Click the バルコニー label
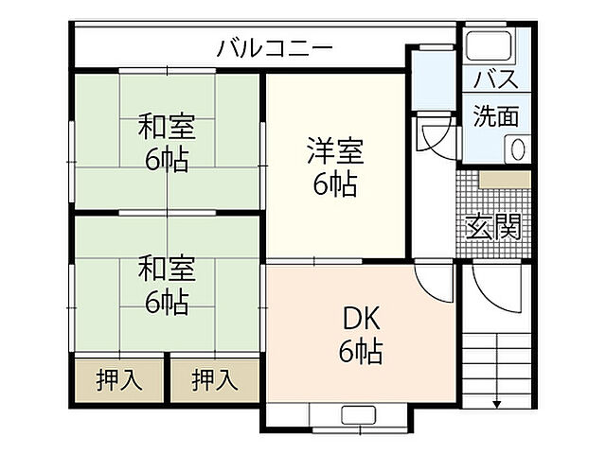pyautogui.click(x=274, y=46)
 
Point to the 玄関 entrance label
pyautogui.click(x=492, y=226)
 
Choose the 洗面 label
pyautogui.click(x=496, y=116)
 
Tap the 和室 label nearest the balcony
pyautogui.click(x=167, y=126)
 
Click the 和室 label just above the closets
pyautogui.click(x=167, y=269)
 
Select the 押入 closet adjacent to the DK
pyautogui.click(x=215, y=380)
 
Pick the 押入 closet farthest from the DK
pyautogui.click(x=119, y=380)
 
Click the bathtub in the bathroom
pyautogui.click(x=488, y=46)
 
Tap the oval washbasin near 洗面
pyautogui.click(x=518, y=148)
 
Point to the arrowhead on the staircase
pyautogui.click(x=497, y=404)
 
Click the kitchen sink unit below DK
pyautogui.click(x=359, y=413)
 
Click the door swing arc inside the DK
pyautogui.click(x=436, y=280)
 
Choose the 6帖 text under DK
pyautogui.click(x=361, y=352)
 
